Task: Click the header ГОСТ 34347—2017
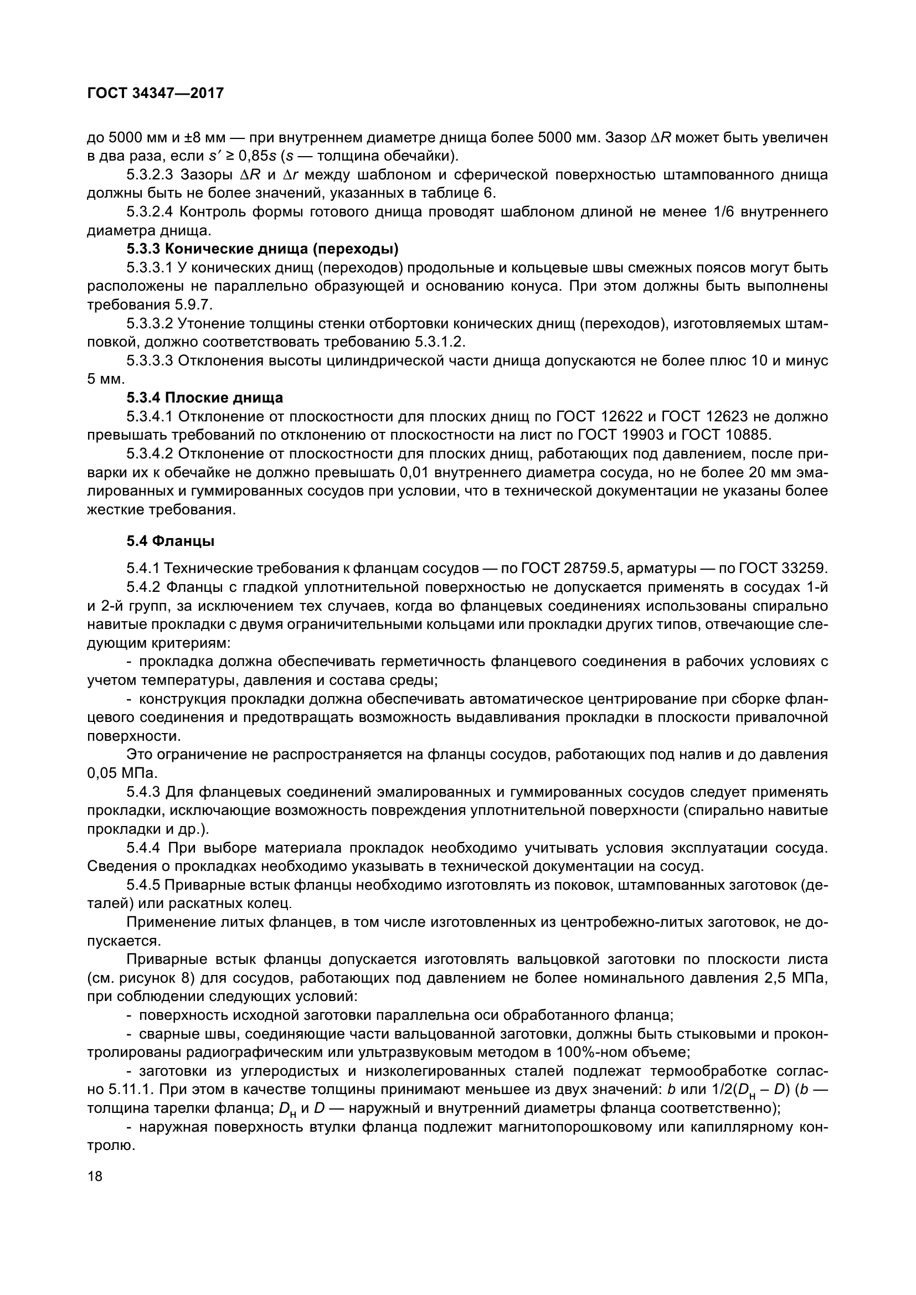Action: (x=156, y=93)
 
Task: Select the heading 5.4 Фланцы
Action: (x=170, y=541)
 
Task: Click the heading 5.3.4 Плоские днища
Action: (x=204, y=398)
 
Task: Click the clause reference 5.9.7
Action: (x=191, y=305)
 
